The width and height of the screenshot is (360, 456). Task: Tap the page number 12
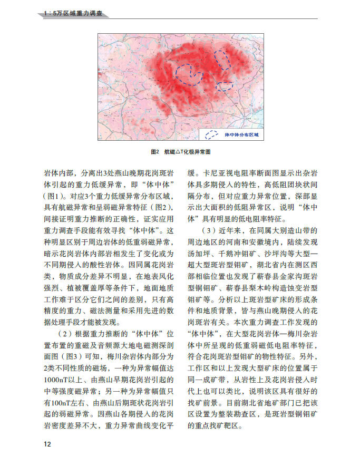(47, 444)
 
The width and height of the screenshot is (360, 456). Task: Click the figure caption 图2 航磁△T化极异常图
(181, 151)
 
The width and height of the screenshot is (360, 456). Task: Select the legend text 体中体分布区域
(241, 135)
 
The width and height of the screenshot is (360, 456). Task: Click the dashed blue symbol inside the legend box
(212, 135)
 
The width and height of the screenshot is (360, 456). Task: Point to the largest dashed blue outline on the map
(189, 73)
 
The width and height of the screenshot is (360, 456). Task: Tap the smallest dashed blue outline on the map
(225, 85)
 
